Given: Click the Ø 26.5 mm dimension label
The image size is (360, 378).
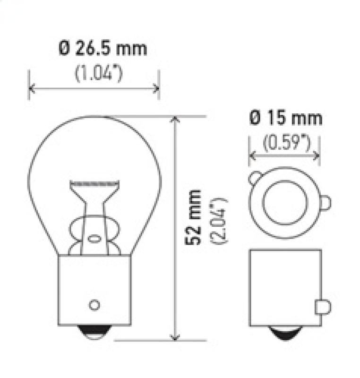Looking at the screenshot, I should point(103,49).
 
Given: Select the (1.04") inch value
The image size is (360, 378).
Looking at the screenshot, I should point(99,74).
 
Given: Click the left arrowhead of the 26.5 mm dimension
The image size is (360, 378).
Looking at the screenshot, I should point(32,88).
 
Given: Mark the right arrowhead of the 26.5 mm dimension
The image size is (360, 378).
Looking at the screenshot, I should point(156,88).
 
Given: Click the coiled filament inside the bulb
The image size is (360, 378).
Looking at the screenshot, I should point(93,182).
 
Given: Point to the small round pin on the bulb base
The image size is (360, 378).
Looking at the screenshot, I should point(94,304).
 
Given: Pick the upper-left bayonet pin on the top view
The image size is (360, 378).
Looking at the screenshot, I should point(254,178).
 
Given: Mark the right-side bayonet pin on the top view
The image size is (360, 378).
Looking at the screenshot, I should point(326,203).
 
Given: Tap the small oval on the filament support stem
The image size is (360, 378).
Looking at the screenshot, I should point(94,240).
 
